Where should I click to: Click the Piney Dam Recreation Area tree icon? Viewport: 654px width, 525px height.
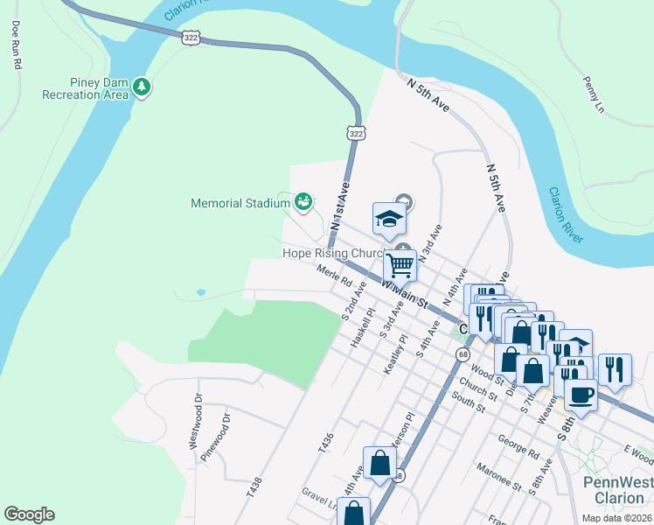tap(142, 87)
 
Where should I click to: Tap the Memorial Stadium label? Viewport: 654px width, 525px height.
tap(240, 204)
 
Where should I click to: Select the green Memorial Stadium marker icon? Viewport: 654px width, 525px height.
tap(303, 202)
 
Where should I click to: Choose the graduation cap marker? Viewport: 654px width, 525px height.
tap(390, 220)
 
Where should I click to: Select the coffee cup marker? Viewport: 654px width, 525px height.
tap(581, 395)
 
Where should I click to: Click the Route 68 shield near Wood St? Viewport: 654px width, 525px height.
tap(461, 353)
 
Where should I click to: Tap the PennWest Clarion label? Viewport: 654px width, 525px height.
tap(614, 490)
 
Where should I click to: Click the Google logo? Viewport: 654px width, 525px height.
tap(29, 514)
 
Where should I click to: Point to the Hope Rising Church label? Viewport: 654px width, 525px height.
tap(332, 253)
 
